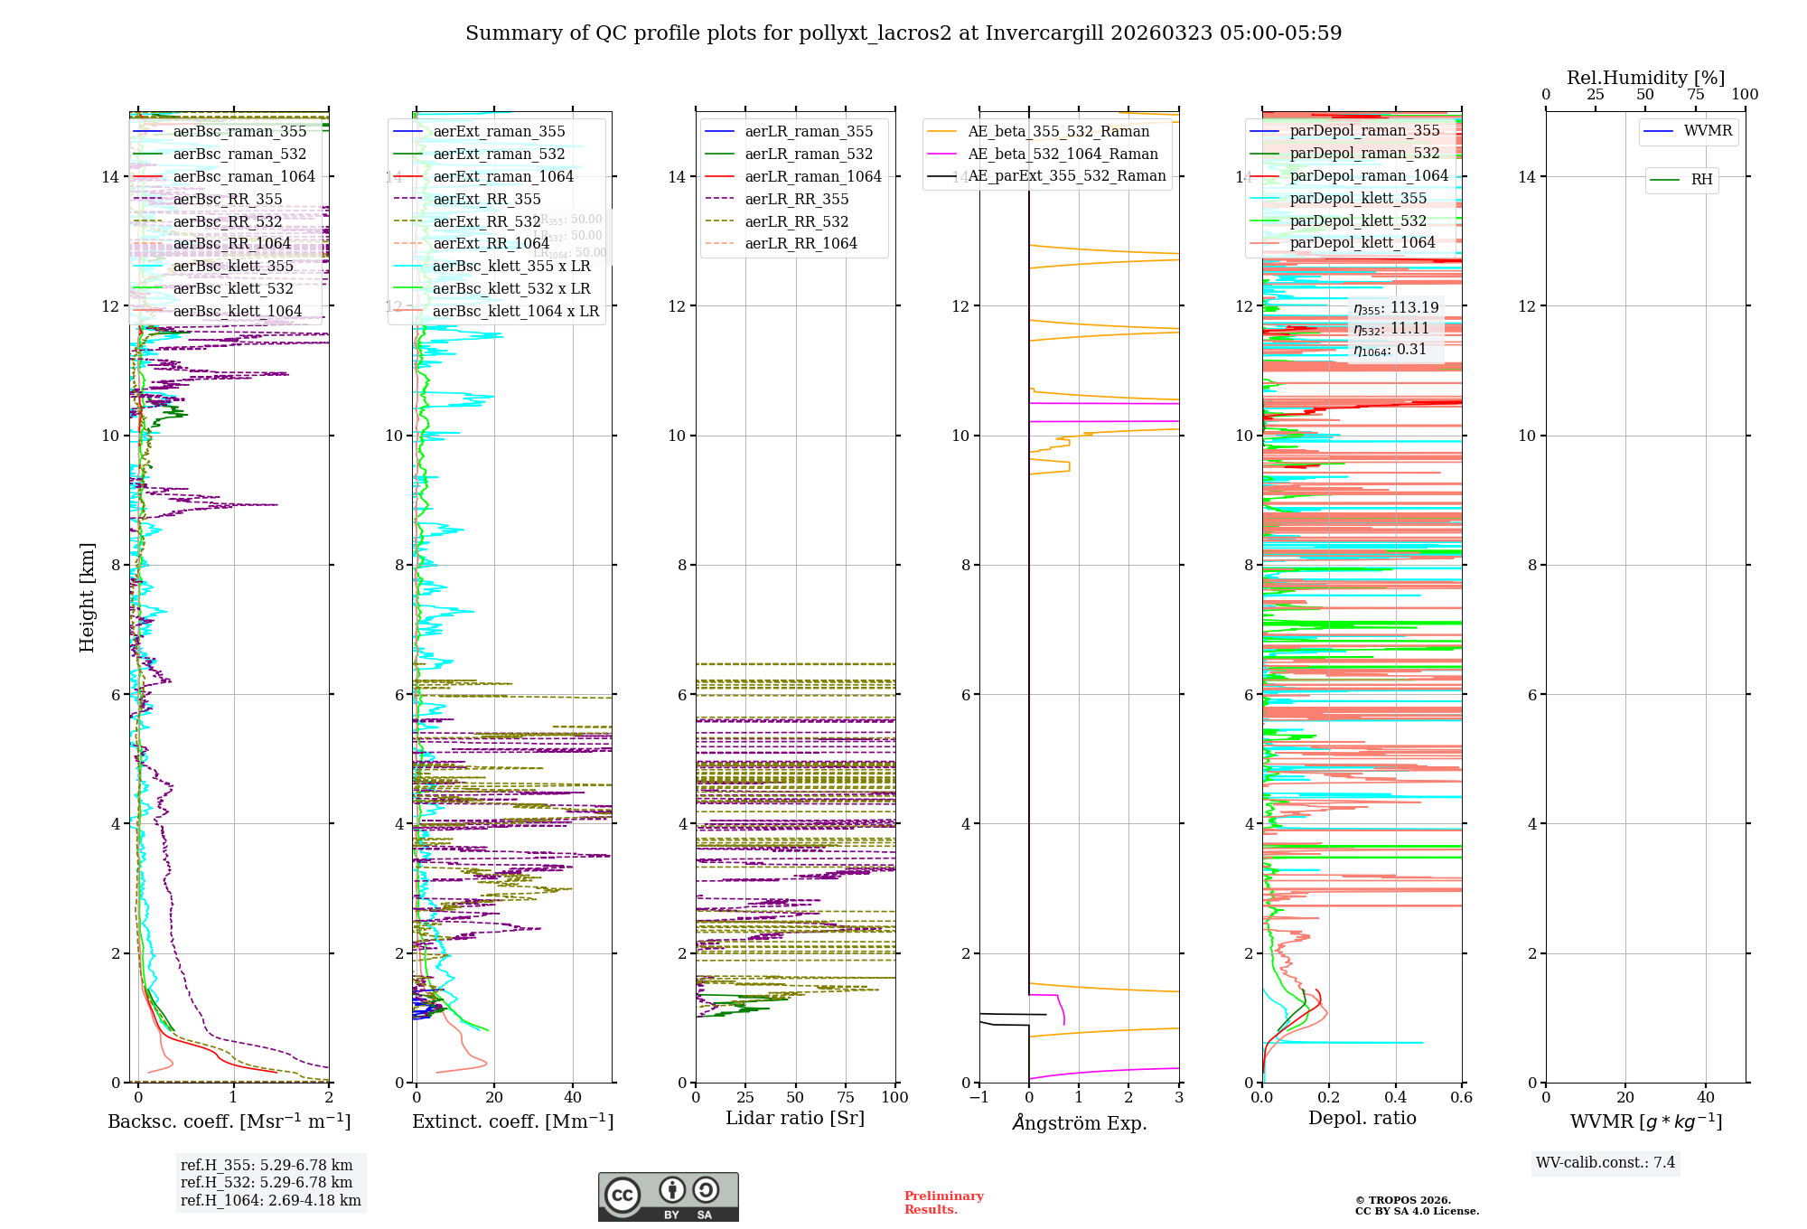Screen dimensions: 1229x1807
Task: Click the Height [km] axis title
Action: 87,596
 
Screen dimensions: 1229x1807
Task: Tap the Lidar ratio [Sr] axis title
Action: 795,1119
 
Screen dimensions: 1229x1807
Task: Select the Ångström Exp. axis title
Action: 1080,1123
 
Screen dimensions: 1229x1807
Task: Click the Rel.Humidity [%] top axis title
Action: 1645,78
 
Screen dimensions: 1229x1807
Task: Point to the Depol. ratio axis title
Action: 1362,1119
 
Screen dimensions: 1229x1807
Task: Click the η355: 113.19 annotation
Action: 1395,308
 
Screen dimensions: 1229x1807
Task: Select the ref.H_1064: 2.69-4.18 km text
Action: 270,1201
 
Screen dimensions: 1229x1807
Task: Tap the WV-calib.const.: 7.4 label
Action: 1606,1163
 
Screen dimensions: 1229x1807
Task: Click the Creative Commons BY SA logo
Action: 668,1197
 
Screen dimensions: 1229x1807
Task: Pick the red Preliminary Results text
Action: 943,1203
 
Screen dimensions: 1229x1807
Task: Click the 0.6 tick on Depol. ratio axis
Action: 1461,1098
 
